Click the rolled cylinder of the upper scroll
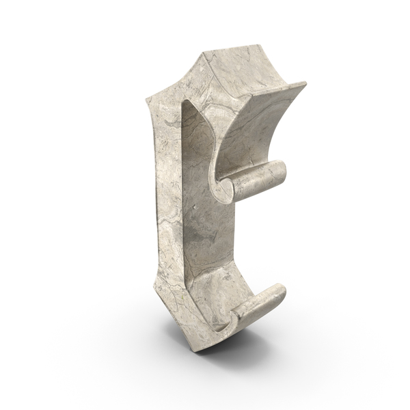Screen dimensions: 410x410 pos(259,180)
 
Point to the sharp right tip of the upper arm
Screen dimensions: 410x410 pos(305,83)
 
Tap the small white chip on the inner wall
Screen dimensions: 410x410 pos(194,207)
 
